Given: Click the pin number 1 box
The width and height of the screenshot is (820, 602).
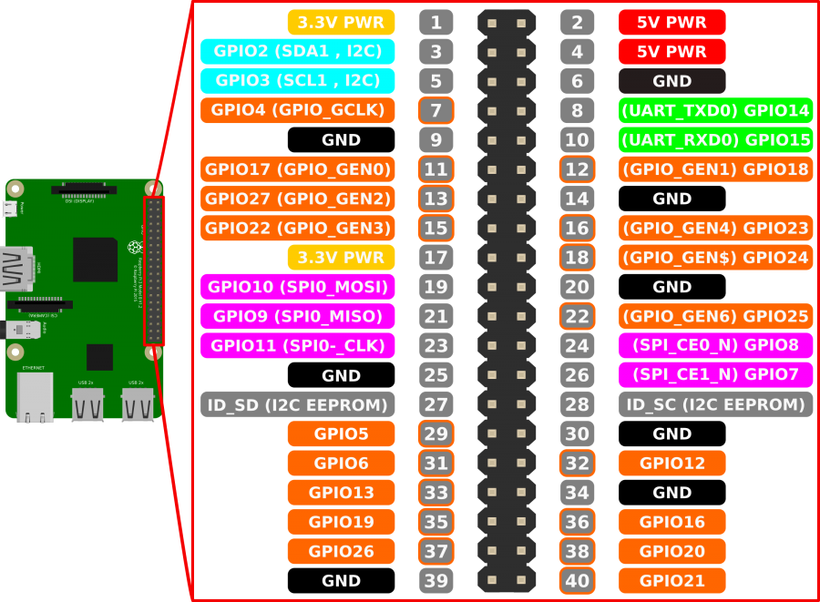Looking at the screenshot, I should pyautogui.click(x=436, y=23).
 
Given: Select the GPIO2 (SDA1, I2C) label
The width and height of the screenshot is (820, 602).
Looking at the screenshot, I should pyautogui.click(x=298, y=52).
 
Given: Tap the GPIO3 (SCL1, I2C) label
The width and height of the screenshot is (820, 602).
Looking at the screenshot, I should pyautogui.click(x=298, y=81).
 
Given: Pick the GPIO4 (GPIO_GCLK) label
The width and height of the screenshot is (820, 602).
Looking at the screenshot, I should pyautogui.click(x=298, y=110).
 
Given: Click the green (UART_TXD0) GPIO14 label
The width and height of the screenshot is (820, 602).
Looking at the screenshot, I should pyautogui.click(x=715, y=110).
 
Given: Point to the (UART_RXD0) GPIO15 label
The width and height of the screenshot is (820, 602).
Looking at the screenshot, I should pyautogui.click(x=715, y=140).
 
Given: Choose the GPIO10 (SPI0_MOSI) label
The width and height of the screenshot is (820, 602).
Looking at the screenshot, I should pyautogui.click(x=298, y=287).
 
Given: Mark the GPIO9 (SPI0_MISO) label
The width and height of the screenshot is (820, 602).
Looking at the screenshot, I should pyautogui.click(x=298, y=316).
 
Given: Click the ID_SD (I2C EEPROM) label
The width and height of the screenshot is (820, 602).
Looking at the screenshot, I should pyautogui.click(x=298, y=404).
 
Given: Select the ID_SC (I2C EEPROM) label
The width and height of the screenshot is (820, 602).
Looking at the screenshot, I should pyautogui.click(x=715, y=404).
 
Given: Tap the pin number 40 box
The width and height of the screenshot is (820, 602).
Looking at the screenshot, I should pyautogui.click(x=577, y=581).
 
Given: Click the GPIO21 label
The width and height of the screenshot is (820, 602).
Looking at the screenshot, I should pyautogui.click(x=672, y=581).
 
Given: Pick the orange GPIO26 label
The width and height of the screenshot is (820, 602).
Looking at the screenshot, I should pyautogui.click(x=342, y=551).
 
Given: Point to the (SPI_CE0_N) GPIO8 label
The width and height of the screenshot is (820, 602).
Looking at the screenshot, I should pyautogui.click(x=715, y=345).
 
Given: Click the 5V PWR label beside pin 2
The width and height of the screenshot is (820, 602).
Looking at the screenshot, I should pyautogui.click(x=672, y=23).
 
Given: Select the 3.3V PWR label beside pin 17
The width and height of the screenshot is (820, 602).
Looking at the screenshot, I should pyautogui.click(x=342, y=258).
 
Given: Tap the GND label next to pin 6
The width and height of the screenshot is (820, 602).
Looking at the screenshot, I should pyautogui.click(x=672, y=81).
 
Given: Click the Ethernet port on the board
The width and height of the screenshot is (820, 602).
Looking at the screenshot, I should pyautogui.click(x=34, y=396).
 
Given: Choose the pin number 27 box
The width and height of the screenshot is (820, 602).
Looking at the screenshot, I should pyautogui.click(x=436, y=404).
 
